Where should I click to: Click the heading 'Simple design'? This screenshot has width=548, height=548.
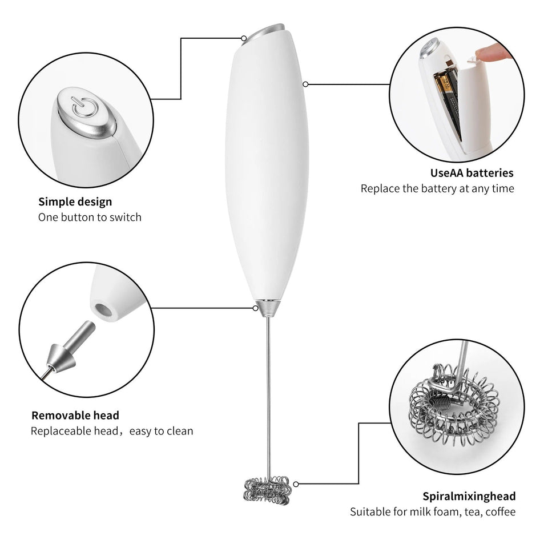click(x=75, y=202)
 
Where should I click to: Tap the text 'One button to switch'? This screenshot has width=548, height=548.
click(x=90, y=217)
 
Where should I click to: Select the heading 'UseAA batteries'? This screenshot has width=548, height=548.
click(x=472, y=172)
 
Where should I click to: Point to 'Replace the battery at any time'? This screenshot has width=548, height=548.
click(x=437, y=188)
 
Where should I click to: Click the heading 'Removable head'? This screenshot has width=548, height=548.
click(x=75, y=415)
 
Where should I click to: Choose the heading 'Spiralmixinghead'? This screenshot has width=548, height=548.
click(x=469, y=495)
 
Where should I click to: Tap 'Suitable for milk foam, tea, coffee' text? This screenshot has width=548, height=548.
click(x=433, y=511)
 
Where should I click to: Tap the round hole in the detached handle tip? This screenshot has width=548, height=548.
click(x=104, y=310)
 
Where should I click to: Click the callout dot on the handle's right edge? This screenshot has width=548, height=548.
click(x=306, y=84)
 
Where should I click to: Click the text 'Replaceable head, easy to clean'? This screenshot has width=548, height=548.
click(x=112, y=431)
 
